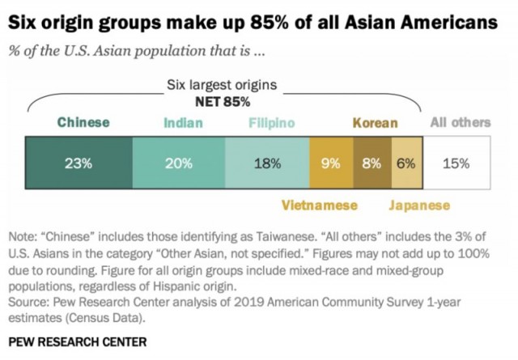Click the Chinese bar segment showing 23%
pyautogui.click(x=79, y=163)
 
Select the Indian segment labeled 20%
pyautogui.click(x=179, y=163)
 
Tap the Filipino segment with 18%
pyautogui.click(x=267, y=163)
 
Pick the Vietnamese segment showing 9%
pyautogui.click(x=330, y=163)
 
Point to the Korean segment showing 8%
pyautogui.click(x=372, y=163)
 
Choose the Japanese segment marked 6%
pyautogui.click(x=405, y=163)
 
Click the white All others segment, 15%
pyautogui.click(x=456, y=163)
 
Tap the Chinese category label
pyautogui.click(x=83, y=123)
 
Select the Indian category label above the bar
pyautogui.click(x=183, y=123)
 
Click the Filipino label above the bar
pyautogui.click(x=271, y=123)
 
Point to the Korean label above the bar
pyautogui.click(x=375, y=123)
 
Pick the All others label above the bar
pyautogui.click(x=460, y=123)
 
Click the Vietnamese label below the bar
pyautogui.click(x=319, y=205)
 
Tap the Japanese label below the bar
pyautogui.click(x=418, y=205)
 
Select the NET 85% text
pyautogui.click(x=223, y=102)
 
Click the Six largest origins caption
pyautogui.click(x=222, y=85)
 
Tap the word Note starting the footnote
pyautogui.click(x=23, y=237)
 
